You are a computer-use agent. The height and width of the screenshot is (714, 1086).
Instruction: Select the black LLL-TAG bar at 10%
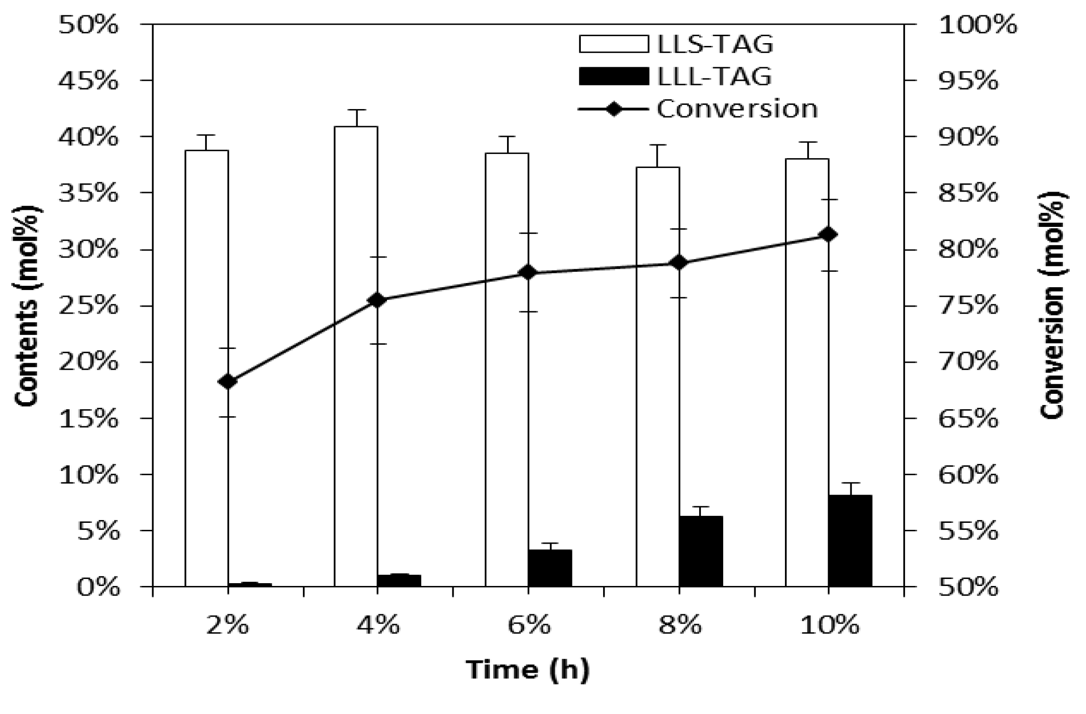850,541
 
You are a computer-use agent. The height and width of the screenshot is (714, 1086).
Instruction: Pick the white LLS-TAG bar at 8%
657,376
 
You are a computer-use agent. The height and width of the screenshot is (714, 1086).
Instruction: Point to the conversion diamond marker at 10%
829,235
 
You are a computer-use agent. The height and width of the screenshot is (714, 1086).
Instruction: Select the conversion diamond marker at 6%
528,273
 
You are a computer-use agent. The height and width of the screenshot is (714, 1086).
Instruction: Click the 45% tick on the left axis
88,81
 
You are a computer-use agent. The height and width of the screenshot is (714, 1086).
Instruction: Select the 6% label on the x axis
529,626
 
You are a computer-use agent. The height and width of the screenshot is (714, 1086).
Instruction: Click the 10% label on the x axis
829,626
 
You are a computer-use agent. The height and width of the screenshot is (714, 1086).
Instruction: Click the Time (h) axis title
527,670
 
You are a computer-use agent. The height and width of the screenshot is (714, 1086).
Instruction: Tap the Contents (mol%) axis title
26,306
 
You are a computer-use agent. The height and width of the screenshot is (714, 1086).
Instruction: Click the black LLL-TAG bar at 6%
550,568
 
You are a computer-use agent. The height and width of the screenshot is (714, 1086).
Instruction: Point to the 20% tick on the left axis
88,362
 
